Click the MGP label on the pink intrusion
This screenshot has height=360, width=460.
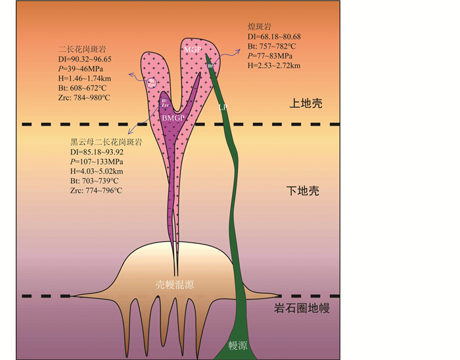pos(193,49)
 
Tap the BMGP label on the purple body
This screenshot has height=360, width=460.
pos(172,116)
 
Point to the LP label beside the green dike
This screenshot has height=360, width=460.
pos(223,106)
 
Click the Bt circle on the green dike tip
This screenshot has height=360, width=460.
pos(211,66)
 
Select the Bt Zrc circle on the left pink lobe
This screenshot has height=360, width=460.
pos(152,83)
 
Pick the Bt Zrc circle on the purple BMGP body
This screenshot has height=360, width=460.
pos(166,103)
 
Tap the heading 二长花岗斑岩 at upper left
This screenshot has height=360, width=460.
pos(81,49)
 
